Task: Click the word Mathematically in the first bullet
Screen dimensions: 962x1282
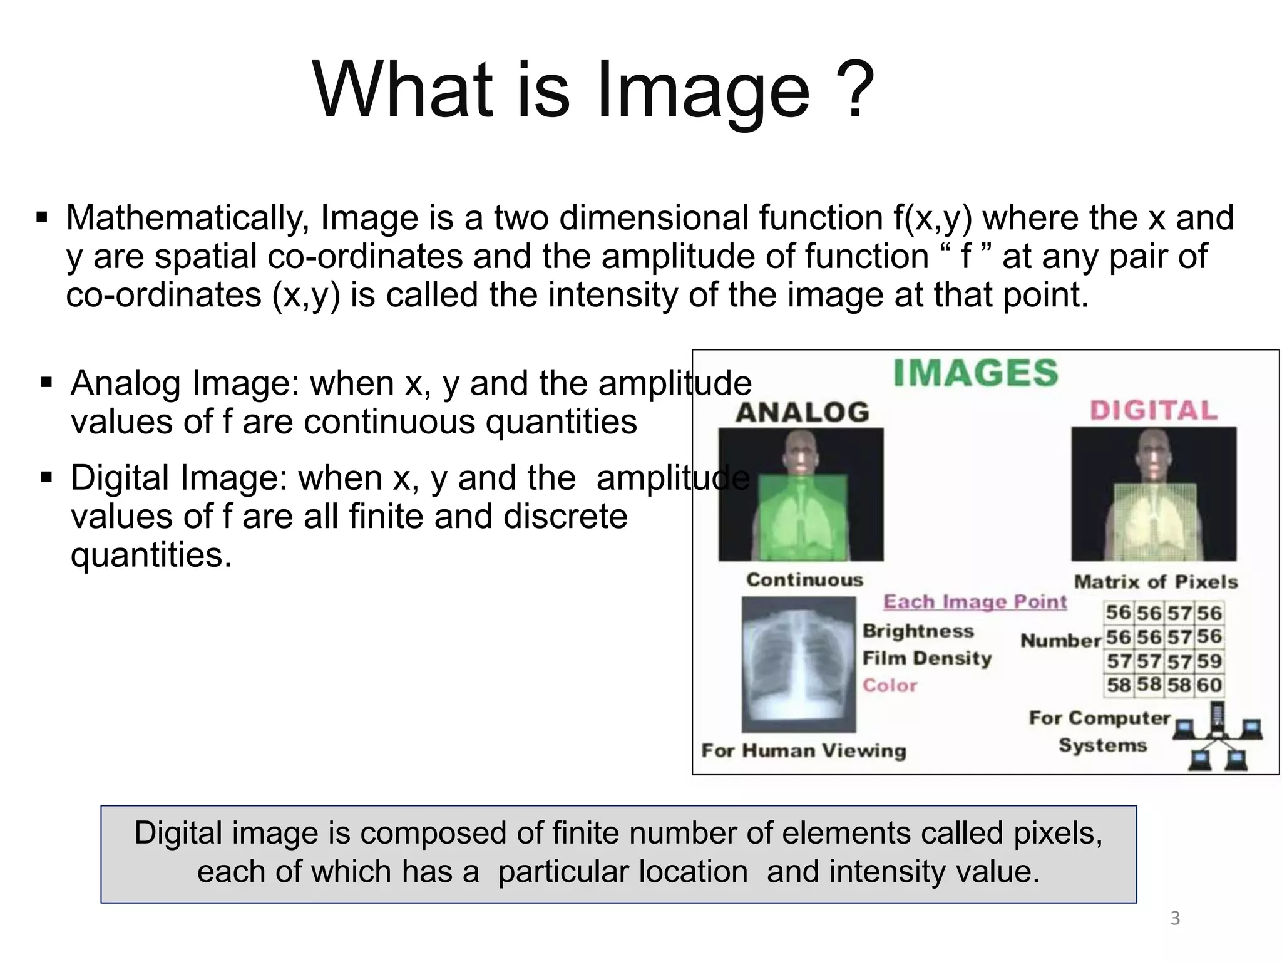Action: [x=188, y=218]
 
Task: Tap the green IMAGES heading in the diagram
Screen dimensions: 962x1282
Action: [x=975, y=373]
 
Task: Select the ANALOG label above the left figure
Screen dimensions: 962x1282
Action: [x=803, y=412]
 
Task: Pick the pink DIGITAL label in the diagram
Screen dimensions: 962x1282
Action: [x=1154, y=410]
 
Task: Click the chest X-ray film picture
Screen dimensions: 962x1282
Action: [x=798, y=664]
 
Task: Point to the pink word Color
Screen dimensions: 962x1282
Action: [x=890, y=685]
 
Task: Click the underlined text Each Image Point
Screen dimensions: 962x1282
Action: [x=975, y=602]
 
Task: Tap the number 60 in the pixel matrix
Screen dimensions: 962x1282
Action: [x=1209, y=685]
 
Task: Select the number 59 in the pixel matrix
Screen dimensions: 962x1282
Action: [x=1209, y=661]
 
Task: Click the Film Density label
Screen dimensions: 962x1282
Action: [x=927, y=658]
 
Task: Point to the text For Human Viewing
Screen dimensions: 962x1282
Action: [x=803, y=750]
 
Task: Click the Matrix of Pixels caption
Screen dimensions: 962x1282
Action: [x=1156, y=582]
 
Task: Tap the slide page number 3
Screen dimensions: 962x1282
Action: [x=1175, y=919]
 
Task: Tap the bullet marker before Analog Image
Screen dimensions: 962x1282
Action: [x=46, y=382]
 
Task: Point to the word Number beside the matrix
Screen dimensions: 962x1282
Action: [x=1060, y=640]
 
